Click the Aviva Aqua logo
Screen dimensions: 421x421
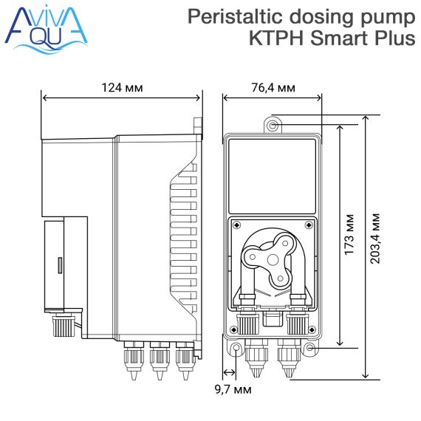coord(47,29)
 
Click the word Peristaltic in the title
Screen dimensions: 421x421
coord(235,17)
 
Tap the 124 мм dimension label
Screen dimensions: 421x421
coord(122,88)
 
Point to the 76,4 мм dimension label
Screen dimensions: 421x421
coord(273,88)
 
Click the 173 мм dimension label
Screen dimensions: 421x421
coord(349,234)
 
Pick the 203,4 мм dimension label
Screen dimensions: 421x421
coord(374,239)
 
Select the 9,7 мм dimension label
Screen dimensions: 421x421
coord(233,389)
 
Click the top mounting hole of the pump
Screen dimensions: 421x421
coord(273,126)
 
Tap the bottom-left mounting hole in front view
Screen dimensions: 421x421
coord(236,348)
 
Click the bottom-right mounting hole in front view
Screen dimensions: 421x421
coord(310,348)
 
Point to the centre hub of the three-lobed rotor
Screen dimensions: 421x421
coord(273,260)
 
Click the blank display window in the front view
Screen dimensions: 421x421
coord(273,177)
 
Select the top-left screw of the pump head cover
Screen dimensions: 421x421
coord(237,225)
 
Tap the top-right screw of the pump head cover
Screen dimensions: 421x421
coord(309,225)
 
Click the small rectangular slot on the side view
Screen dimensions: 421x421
coord(60,265)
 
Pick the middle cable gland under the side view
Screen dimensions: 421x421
coord(160,360)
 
